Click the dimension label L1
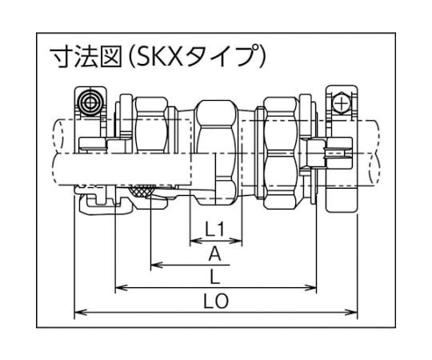point(215,229)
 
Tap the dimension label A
point(215,254)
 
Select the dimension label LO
point(216,301)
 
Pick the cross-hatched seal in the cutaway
point(142,191)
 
